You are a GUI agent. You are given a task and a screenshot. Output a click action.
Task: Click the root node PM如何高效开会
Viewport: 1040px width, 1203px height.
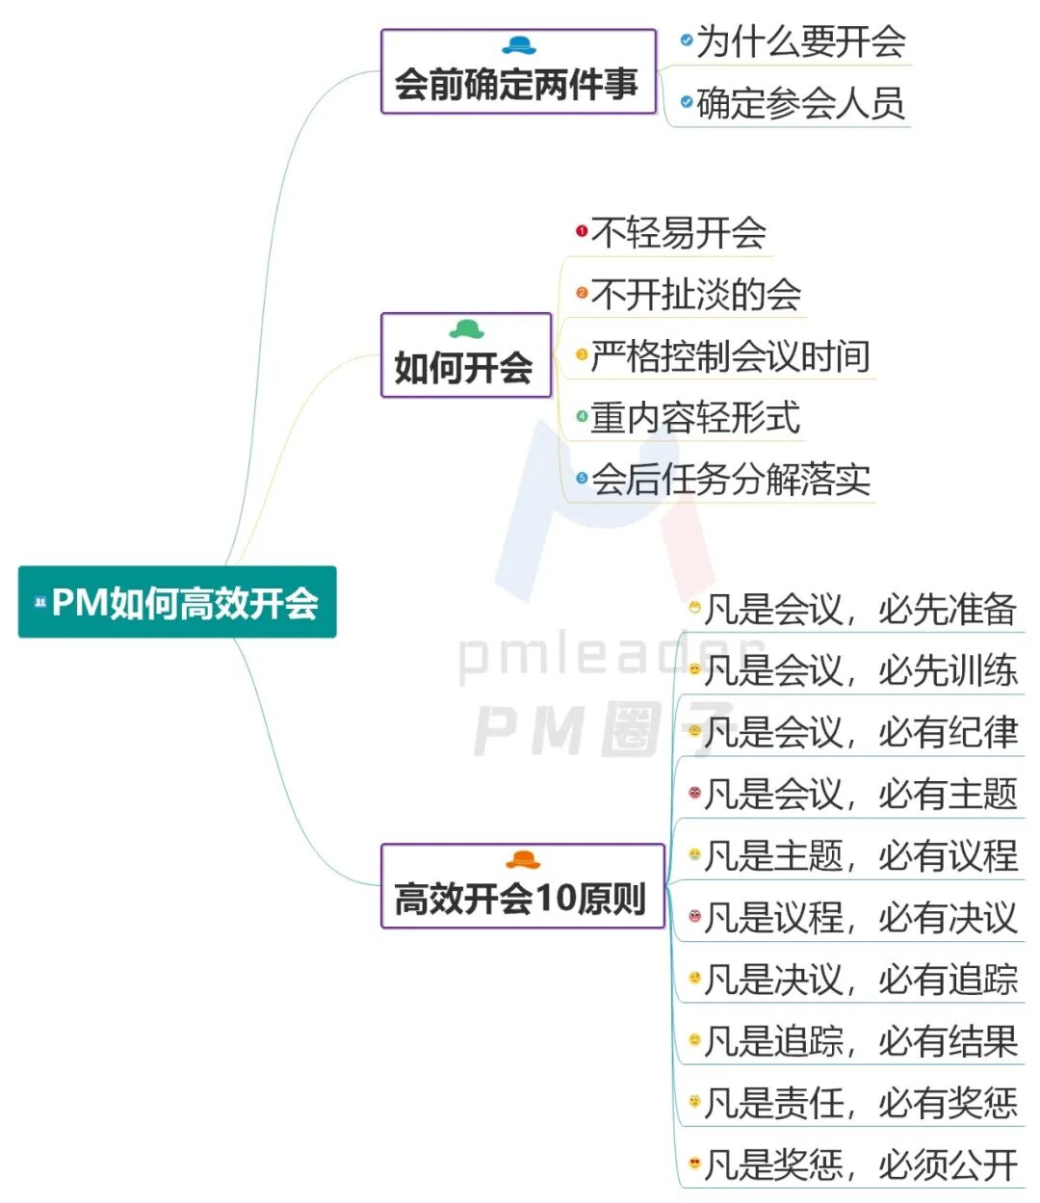coord(177,602)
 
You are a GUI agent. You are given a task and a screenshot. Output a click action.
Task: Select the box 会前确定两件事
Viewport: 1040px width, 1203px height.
coord(517,72)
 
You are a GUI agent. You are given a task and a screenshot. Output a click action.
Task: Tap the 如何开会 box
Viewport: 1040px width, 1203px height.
coord(465,355)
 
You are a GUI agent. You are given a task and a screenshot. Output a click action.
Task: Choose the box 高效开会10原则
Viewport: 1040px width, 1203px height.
coord(522,886)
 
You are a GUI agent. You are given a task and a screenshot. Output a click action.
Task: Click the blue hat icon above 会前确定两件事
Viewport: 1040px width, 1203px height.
coord(519,45)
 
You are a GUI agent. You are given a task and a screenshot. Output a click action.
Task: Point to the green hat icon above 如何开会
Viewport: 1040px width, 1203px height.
coord(467,329)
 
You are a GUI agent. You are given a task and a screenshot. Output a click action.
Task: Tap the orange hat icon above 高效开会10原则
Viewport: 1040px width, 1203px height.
coord(523,859)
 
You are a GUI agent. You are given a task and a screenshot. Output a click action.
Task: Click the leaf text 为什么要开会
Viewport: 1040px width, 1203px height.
coord(801,41)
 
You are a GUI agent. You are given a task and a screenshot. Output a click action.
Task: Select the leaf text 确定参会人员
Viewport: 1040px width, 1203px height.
coord(801,103)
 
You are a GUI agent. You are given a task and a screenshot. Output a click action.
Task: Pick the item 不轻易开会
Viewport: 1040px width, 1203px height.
coord(679,232)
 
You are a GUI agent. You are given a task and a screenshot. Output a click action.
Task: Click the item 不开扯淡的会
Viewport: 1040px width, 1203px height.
coord(696,294)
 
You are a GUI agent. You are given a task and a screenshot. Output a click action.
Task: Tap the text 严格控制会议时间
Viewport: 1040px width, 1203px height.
coord(731,355)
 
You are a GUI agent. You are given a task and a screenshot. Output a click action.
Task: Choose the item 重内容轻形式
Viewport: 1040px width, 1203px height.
coord(695,417)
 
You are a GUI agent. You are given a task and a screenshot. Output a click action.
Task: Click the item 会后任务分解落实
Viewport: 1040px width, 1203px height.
coord(731,479)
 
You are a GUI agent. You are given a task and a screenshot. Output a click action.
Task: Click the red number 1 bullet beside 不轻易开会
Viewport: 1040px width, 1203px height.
coord(582,231)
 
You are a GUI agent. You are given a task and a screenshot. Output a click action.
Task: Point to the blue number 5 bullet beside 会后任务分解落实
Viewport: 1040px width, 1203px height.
coord(582,478)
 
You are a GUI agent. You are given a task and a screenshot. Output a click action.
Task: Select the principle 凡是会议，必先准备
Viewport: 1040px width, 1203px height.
coord(861,609)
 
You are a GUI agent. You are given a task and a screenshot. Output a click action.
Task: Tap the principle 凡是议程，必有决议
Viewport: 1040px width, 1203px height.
coord(861,917)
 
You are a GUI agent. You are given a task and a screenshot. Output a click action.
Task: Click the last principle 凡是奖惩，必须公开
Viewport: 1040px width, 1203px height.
coord(861,1164)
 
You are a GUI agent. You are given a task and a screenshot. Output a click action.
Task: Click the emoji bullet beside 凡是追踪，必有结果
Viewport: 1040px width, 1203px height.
coord(694,1040)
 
